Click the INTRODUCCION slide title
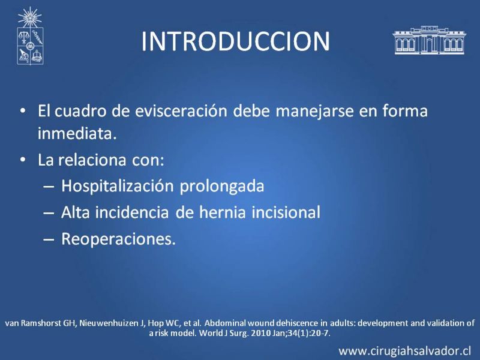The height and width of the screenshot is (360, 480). coord(235,41)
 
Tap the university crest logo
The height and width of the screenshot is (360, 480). coord(30,36)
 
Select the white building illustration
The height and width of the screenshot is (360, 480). coord(429,40)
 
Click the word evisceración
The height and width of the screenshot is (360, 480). coord(181,110)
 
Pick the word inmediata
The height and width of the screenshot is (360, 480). coord(77,133)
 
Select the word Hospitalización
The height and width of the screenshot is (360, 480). coord(118,186)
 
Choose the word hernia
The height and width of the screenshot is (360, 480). coord(223,212)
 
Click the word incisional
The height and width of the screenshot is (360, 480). coord(286,212)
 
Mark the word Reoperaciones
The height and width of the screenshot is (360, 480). coord(118,239)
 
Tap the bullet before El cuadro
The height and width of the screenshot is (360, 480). coord(23,110)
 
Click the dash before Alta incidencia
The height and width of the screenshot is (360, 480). coord(49,213)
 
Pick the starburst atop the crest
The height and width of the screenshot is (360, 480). coord(29,17)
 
